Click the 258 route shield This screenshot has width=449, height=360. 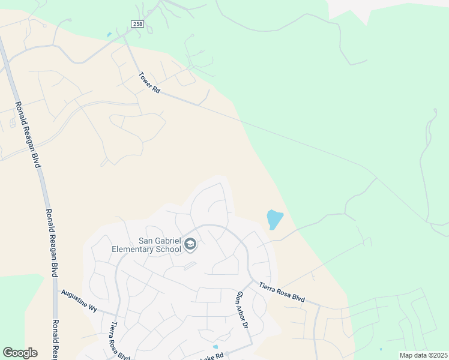[x=138, y=23]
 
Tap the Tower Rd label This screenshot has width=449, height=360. [x=149, y=83]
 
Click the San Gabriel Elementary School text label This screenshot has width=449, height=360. [x=146, y=244]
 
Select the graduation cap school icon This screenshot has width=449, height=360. [x=190, y=244]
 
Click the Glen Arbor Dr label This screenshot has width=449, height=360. [x=242, y=310]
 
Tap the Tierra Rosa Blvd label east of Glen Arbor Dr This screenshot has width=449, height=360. [x=282, y=293]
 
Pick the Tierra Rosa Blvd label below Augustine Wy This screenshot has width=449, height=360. [x=119, y=341]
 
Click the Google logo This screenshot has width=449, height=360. [x=20, y=353]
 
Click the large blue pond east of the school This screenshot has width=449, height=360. [x=274, y=219]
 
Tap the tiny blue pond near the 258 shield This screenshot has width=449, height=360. [x=109, y=35]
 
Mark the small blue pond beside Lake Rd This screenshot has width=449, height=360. [x=215, y=347]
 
